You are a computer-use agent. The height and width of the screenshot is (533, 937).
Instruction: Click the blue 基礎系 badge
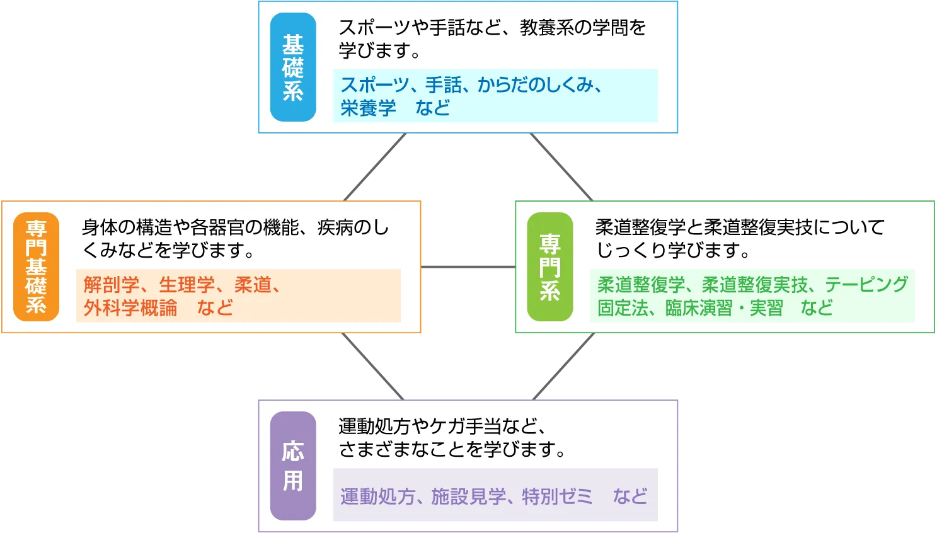(293, 67)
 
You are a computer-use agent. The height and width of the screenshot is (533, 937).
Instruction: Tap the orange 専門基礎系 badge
(36, 266)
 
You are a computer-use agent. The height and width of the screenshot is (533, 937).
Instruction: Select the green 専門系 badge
(549, 266)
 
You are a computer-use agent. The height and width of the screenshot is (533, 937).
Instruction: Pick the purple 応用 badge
(293, 466)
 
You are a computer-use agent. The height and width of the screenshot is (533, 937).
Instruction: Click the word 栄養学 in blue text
(368, 108)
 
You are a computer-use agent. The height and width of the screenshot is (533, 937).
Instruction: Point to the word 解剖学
(111, 285)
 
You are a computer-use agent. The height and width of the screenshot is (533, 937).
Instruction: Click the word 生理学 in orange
(187, 285)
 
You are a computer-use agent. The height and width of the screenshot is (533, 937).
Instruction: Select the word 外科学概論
(130, 308)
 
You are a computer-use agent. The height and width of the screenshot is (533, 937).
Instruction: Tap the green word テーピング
(866, 285)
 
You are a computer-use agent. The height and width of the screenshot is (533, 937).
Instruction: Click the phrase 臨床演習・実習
(724, 308)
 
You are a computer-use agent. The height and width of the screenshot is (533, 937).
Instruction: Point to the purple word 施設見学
(468, 496)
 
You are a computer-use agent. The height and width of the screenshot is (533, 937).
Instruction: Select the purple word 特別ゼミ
(557, 496)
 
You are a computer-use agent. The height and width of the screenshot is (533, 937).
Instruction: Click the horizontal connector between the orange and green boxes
(468, 267)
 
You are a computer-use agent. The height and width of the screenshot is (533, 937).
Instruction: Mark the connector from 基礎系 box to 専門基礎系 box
(376, 167)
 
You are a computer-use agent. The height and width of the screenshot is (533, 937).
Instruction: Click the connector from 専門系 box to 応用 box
(563, 367)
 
